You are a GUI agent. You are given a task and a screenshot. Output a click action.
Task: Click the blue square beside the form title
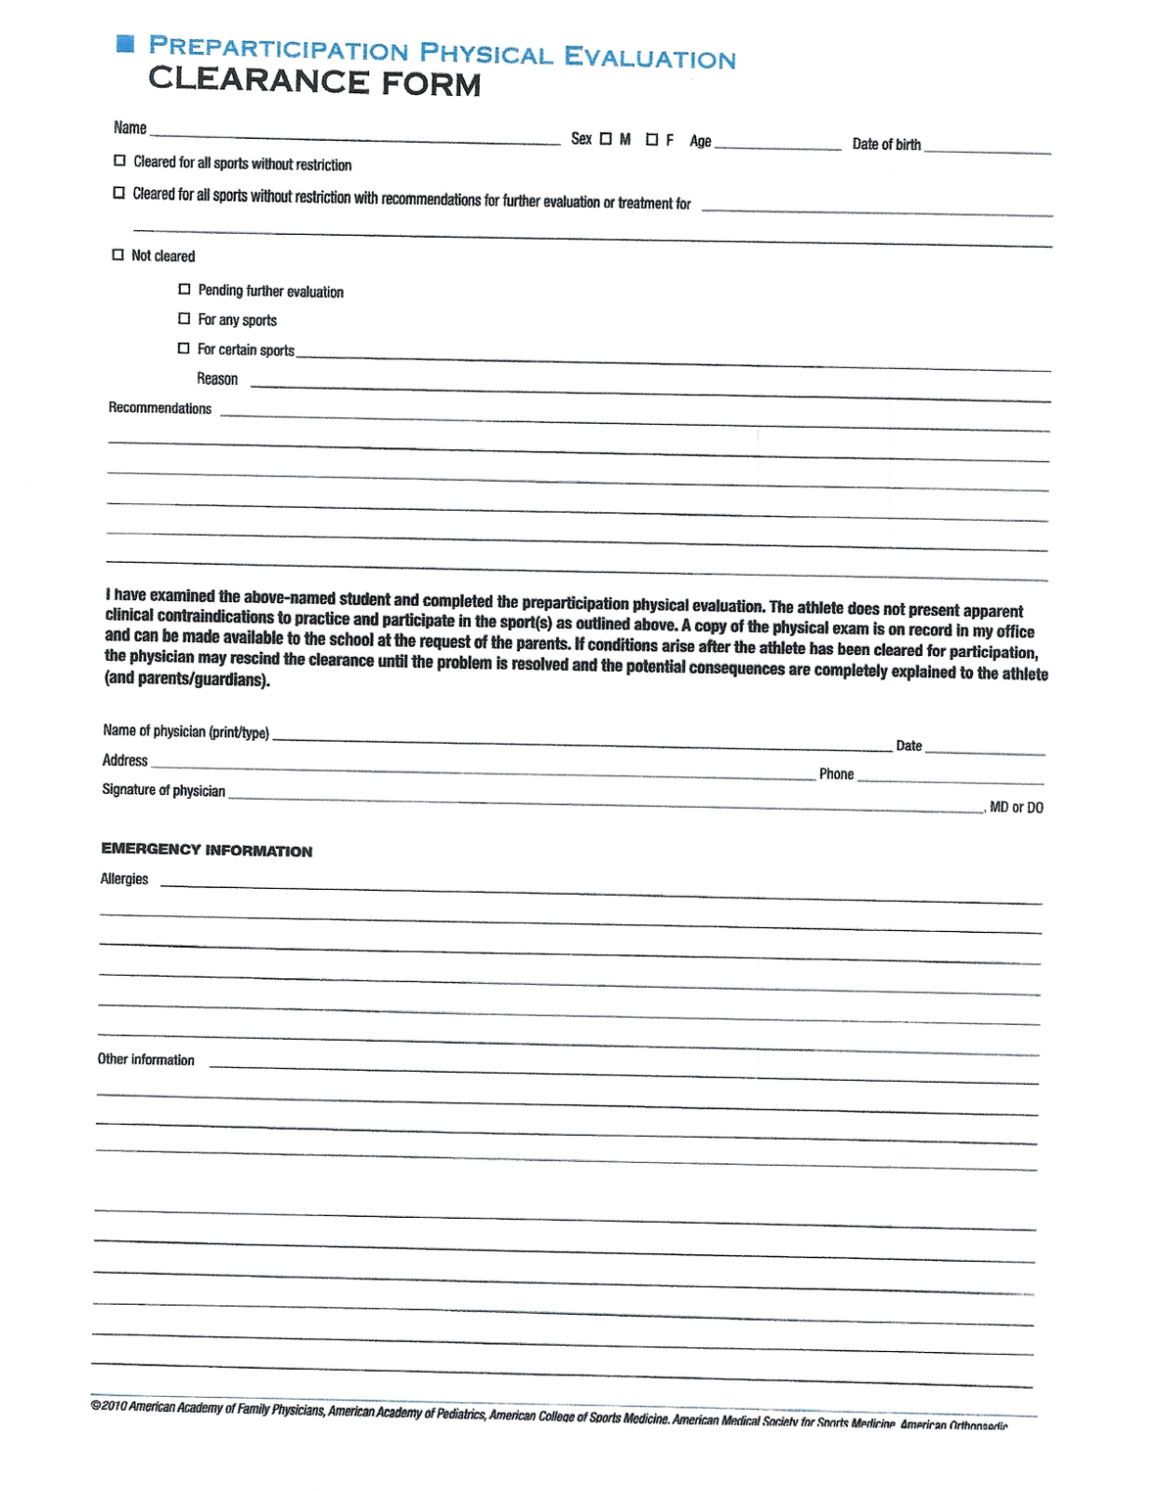[126, 43]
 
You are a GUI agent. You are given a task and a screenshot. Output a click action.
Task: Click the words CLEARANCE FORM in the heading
[314, 82]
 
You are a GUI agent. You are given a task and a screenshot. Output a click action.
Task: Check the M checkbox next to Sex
[606, 139]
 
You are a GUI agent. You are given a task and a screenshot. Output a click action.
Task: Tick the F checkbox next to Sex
[652, 140]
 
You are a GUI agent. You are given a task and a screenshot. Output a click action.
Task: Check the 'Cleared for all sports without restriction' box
[119, 160]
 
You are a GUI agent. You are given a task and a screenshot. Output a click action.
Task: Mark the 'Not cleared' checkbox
[117, 254]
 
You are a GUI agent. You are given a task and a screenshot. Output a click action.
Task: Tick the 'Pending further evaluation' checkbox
[185, 290]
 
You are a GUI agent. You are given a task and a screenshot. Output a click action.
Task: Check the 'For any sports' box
[185, 319]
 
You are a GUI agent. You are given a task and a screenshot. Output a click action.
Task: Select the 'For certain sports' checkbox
[184, 349]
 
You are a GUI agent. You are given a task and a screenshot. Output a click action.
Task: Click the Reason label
[217, 378]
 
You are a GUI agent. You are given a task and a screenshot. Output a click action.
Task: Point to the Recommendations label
[160, 408]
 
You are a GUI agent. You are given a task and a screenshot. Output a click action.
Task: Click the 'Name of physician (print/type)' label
[186, 732]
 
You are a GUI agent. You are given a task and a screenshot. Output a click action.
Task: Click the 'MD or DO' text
[1016, 807]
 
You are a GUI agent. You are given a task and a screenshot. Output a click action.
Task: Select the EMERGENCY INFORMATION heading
[207, 850]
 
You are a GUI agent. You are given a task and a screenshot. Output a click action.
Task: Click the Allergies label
[124, 879]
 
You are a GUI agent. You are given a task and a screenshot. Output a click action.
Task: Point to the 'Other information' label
[146, 1060]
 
